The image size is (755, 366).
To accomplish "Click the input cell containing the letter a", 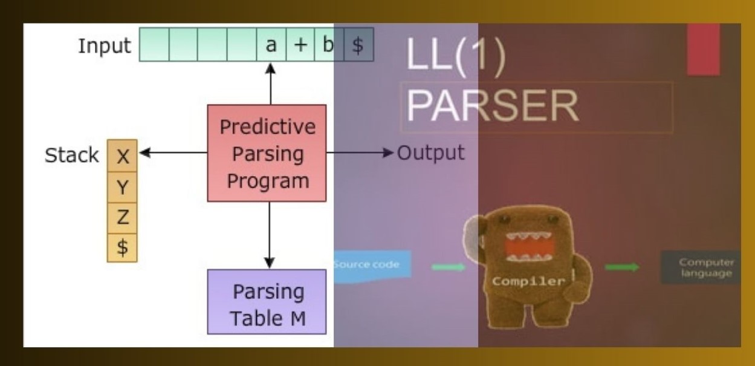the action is pyautogui.click(x=271, y=44).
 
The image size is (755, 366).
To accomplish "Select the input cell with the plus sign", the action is pyautogui.click(x=300, y=44).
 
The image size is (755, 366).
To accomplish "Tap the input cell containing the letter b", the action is pyautogui.click(x=329, y=44).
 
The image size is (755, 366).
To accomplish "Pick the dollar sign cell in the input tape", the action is pyautogui.click(x=358, y=44).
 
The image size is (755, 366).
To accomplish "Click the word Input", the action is pyautogui.click(x=104, y=46).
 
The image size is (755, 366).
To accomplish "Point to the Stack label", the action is pyautogui.click(x=71, y=155).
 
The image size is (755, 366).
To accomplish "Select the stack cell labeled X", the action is pyautogui.click(x=122, y=155).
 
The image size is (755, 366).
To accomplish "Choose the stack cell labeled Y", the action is pyautogui.click(x=122, y=187).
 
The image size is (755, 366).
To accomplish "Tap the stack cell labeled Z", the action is pyautogui.click(x=122, y=218).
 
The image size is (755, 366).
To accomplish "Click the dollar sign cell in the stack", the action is pyautogui.click(x=122, y=247).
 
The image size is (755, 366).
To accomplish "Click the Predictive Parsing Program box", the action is pyautogui.click(x=267, y=153).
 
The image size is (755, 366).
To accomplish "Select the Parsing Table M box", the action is pyautogui.click(x=267, y=302).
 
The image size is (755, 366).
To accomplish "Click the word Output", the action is pyautogui.click(x=430, y=153).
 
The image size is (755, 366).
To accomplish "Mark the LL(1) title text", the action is pyautogui.click(x=456, y=54).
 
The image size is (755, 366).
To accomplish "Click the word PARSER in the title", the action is pyautogui.click(x=493, y=106).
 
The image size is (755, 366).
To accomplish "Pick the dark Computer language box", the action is pyautogui.click(x=701, y=267).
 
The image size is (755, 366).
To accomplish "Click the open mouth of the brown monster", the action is pyautogui.click(x=529, y=247).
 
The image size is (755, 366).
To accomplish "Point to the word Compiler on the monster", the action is pyautogui.click(x=528, y=281).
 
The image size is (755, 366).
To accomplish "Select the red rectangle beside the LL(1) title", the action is pyautogui.click(x=704, y=49).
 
